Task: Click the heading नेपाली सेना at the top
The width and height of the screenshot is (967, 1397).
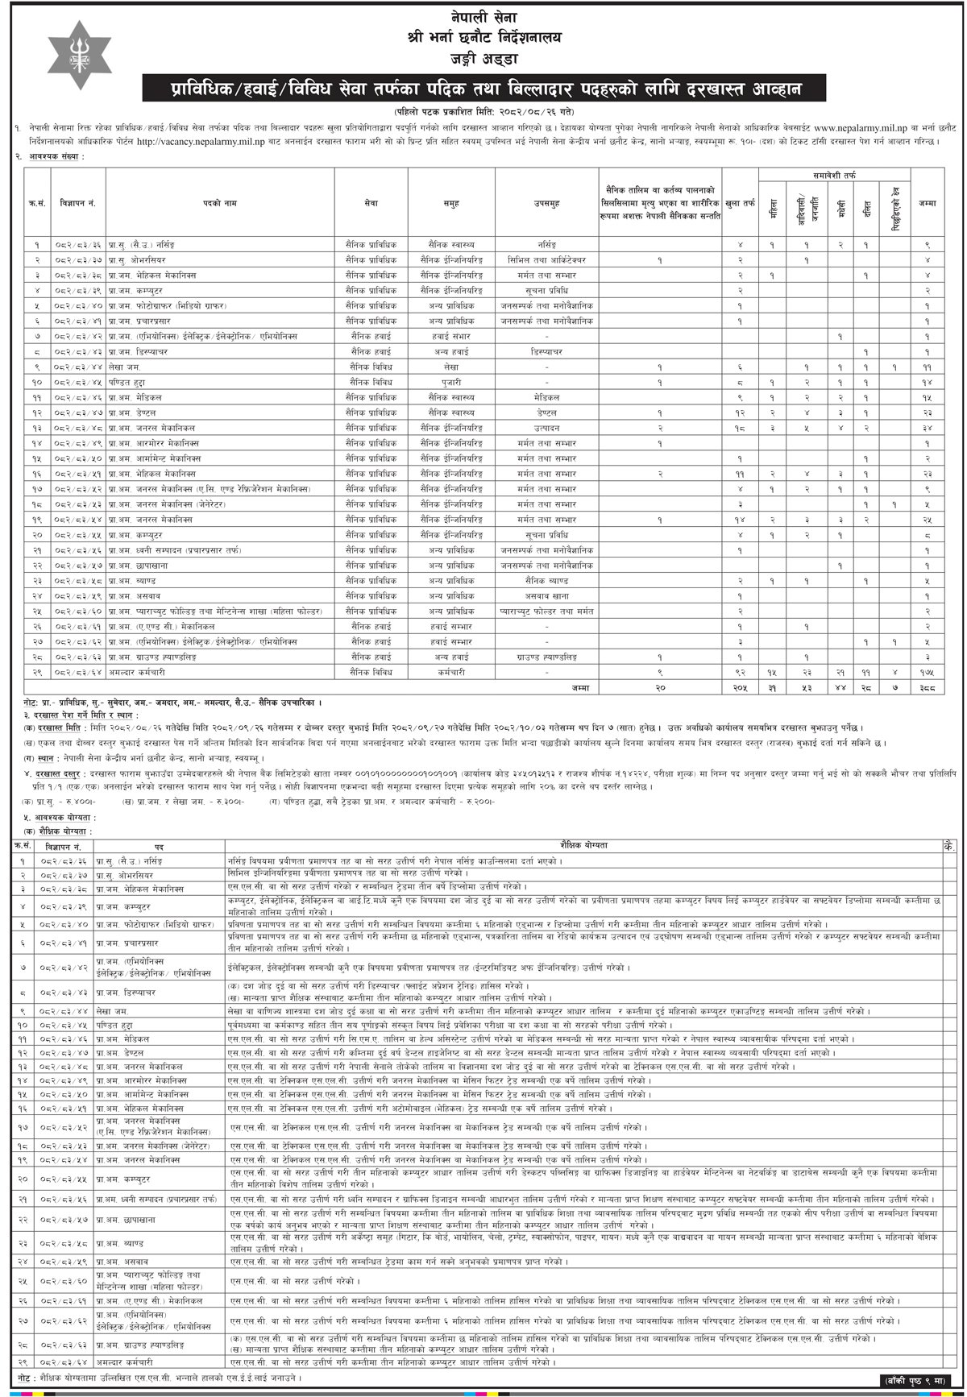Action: click(x=483, y=18)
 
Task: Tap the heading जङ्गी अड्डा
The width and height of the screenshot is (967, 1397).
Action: click(x=483, y=58)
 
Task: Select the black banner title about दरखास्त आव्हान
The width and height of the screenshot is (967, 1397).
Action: click(x=483, y=86)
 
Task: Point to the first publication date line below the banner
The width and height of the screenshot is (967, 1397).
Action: click(x=483, y=110)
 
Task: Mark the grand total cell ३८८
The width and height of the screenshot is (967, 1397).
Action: click(x=927, y=688)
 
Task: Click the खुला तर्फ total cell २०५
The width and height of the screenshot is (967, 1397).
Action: click(x=740, y=688)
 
